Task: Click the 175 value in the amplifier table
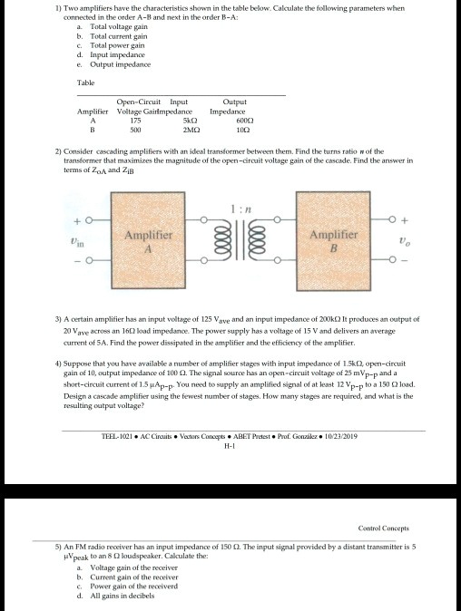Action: click(x=138, y=120)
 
